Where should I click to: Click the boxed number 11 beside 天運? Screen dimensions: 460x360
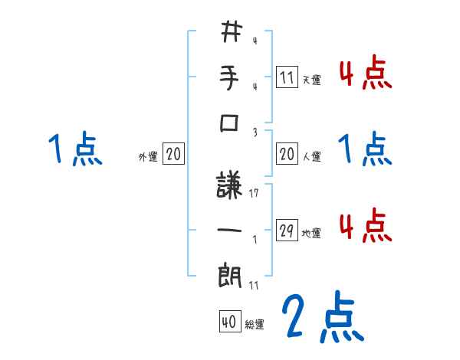coord(287,77)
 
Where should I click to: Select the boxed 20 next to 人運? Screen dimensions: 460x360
coord(287,154)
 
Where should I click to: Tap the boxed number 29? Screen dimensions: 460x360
coord(287,231)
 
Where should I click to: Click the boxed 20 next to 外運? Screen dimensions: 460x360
coord(173,154)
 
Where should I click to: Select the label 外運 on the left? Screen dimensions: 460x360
coord(148,156)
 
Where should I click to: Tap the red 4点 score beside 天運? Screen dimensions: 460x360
coord(365,74)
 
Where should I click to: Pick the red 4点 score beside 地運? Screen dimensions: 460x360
coord(365,227)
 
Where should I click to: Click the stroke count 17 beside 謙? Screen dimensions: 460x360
coord(254,193)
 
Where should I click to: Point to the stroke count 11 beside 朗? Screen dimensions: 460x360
coord(254,284)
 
